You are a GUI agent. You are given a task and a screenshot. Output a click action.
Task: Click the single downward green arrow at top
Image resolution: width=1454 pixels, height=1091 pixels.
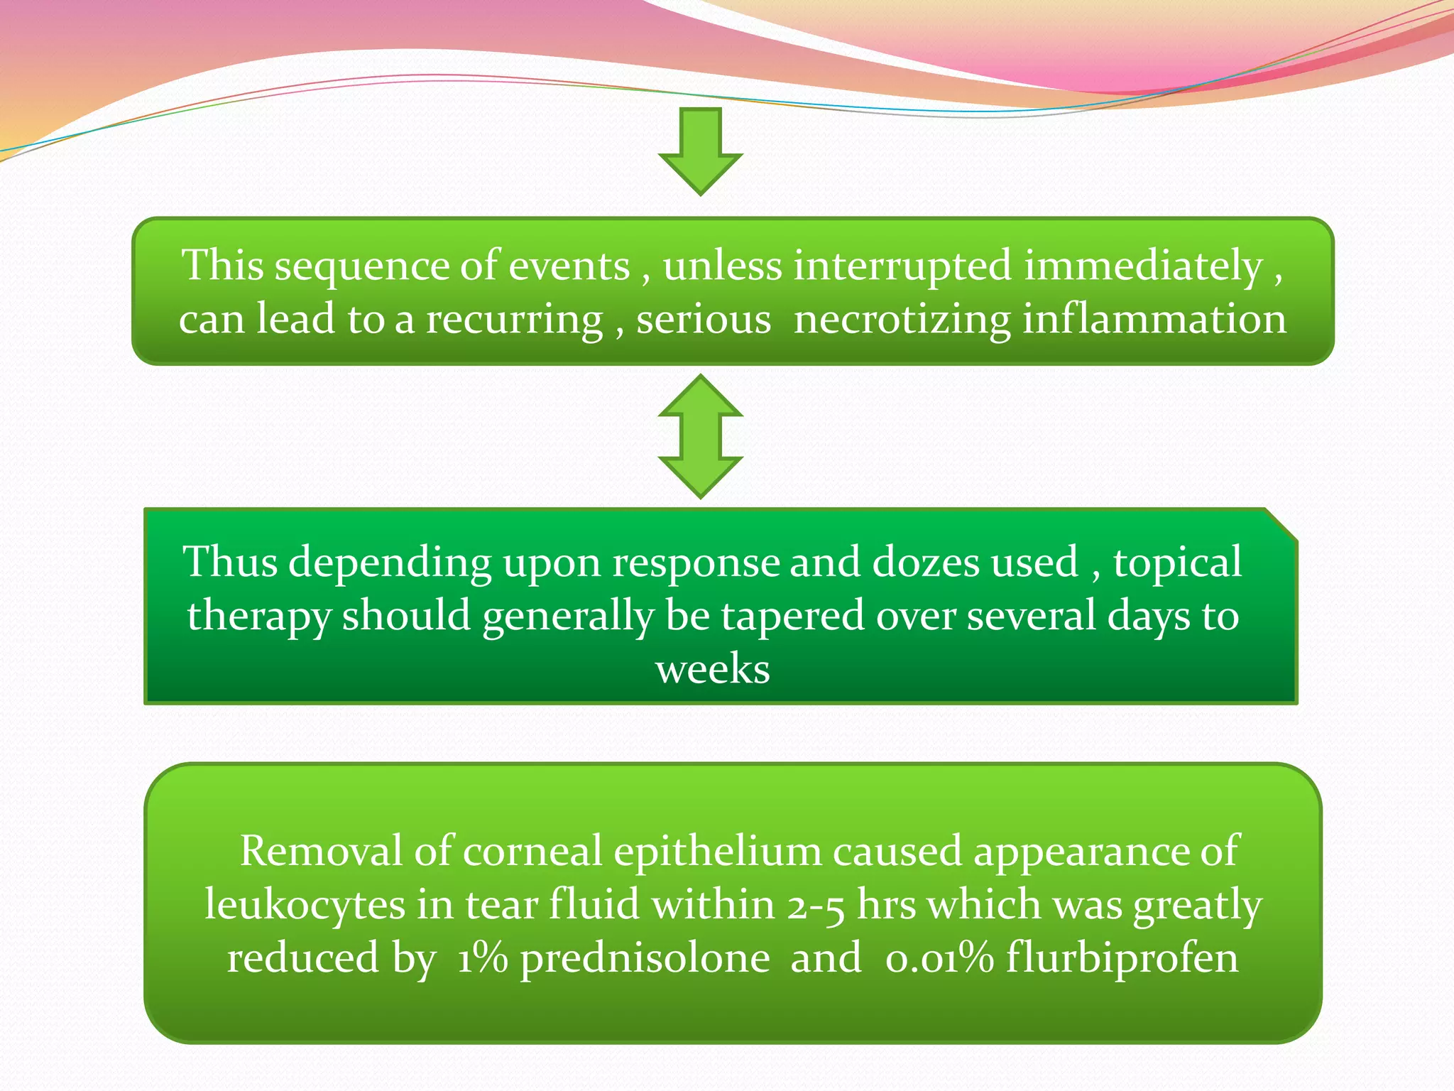[x=700, y=151]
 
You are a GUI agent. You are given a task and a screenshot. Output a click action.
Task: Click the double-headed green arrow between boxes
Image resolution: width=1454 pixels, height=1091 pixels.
[x=700, y=436]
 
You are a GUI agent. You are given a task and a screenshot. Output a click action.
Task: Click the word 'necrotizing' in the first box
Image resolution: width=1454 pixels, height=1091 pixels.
[x=902, y=319]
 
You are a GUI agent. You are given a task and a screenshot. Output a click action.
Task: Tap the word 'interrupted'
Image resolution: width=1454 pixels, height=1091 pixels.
[x=902, y=266]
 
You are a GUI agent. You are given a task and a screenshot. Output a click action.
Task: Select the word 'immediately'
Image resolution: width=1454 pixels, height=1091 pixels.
[x=1143, y=266]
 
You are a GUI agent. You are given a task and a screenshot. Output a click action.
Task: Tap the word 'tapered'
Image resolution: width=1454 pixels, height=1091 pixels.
[x=792, y=616]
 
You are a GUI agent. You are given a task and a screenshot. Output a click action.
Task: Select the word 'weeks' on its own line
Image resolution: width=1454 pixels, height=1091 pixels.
[x=712, y=669]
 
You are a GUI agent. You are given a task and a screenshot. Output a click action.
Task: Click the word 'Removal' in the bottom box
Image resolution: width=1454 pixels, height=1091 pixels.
[x=321, y=851]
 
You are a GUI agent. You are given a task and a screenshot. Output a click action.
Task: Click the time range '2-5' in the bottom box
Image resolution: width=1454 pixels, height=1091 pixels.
[x=816, y=906]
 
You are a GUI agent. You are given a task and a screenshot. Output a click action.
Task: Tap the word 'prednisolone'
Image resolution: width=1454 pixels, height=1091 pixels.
[x=645, y=959]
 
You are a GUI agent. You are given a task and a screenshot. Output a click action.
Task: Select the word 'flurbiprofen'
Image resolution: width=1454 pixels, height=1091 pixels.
[x=1122, y=959]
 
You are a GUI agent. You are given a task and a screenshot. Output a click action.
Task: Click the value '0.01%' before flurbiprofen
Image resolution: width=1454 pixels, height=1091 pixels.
[x=939, y=958]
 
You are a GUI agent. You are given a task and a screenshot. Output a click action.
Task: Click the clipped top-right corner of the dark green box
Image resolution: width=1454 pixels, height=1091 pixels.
[x=1281, y=524]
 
